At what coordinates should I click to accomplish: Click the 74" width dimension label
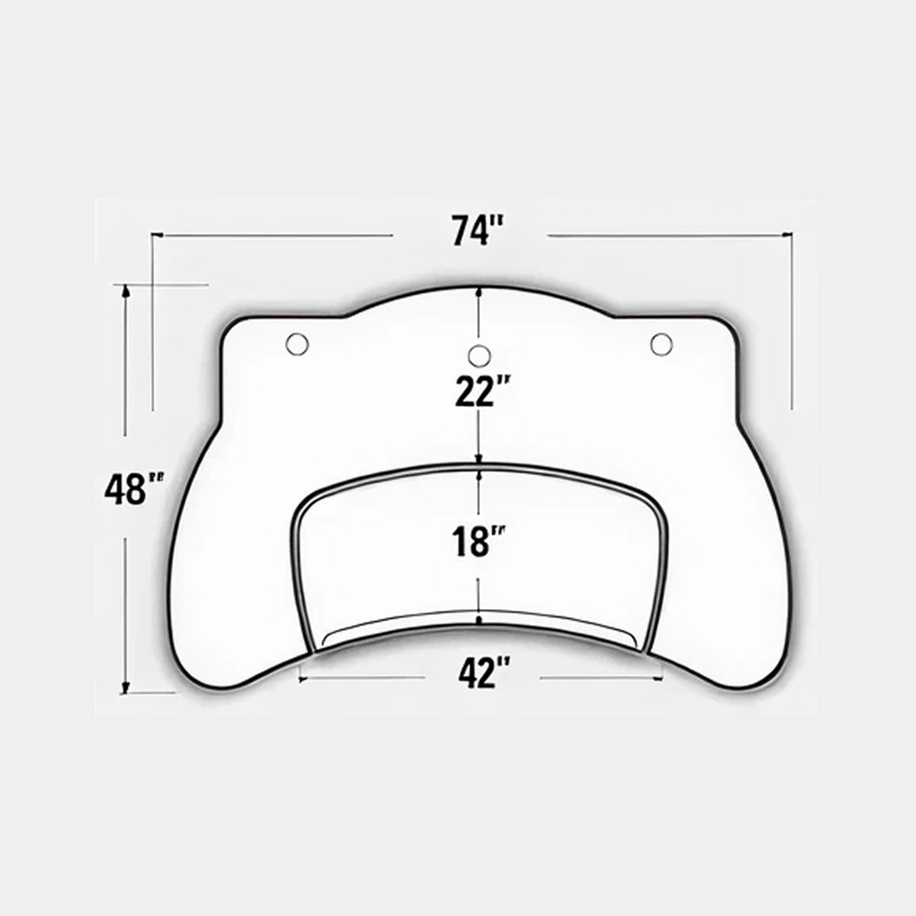pyautogui.click(x=476, y=231)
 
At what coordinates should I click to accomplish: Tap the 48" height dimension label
pyautogui.click(x=134, y=488)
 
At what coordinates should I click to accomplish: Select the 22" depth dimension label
pyautogui.click(x=483, y=391)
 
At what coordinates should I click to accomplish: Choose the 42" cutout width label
pyautogui.click(x=485, y=672)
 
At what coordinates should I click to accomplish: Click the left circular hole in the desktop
pyautogui.click(x=297, y=343)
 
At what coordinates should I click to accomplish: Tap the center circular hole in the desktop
pyautogui.click(x=479, y=355)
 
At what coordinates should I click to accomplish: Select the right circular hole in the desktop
pyautogui.click(x=661, y=344)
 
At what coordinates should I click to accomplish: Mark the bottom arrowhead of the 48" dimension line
pyautogui.click(x=125, y=688)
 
